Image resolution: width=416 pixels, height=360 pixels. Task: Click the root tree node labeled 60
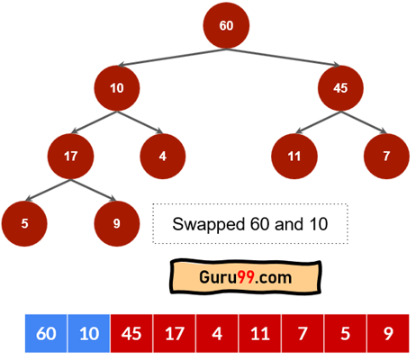click(x=226, y=25)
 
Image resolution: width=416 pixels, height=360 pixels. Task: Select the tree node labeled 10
click(x=117, y=88)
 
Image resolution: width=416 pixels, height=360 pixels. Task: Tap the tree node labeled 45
click(x=340, y=88)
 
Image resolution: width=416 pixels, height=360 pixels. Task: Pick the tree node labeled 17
click(x=70, y=157)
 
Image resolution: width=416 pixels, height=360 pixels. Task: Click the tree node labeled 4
click(x=163, y=157)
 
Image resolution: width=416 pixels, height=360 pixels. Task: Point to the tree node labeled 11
click(x=294, y=157)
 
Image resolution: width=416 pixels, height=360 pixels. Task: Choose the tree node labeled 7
click(x=386, y=157)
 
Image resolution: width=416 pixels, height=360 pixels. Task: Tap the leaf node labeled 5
click(x=24, y=224)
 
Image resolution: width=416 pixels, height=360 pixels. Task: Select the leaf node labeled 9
click(x=117, y=224)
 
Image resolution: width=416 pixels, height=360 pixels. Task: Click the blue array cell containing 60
click(x=46, y=333)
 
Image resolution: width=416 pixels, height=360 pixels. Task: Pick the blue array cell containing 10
click(x=89, y=333)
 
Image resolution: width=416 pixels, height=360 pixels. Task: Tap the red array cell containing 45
click(x=131, y=333)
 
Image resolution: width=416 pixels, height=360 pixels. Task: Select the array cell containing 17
click(x=175, y=333)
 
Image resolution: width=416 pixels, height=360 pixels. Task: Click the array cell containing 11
click(x=260, y=333)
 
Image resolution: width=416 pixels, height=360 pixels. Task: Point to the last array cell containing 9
click(x=388, y=333)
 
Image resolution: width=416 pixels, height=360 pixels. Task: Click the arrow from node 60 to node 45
click(x=284, y=57)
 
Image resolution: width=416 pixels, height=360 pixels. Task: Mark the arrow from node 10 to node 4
click(x=140, y=122)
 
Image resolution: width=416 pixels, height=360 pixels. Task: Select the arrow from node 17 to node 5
click(x=48, y=190)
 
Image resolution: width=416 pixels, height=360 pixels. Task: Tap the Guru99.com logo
click(x=246, y=276)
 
